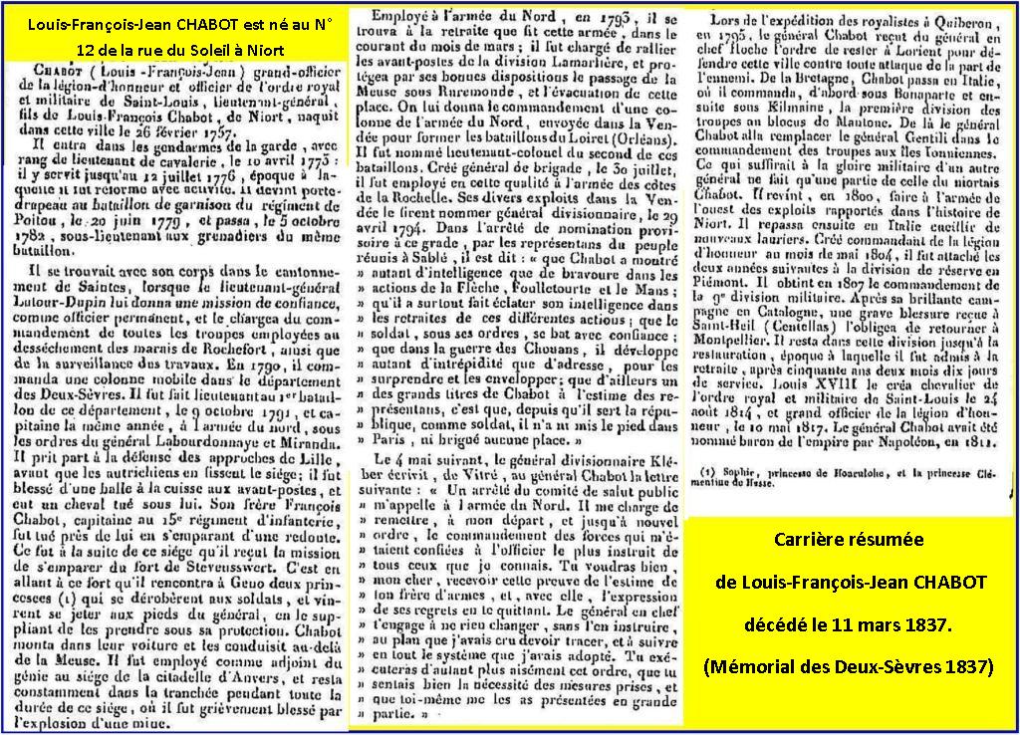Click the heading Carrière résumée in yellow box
coord(849,540)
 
